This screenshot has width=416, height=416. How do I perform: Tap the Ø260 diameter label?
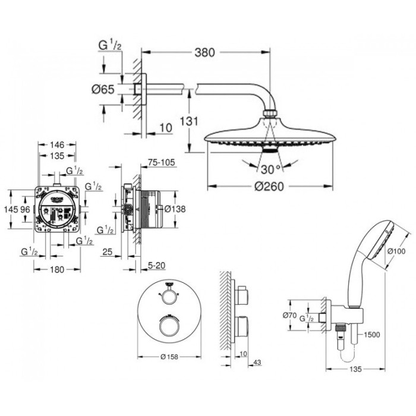coord(267,186)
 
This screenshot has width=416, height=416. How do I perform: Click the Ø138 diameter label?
coord(175,209)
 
